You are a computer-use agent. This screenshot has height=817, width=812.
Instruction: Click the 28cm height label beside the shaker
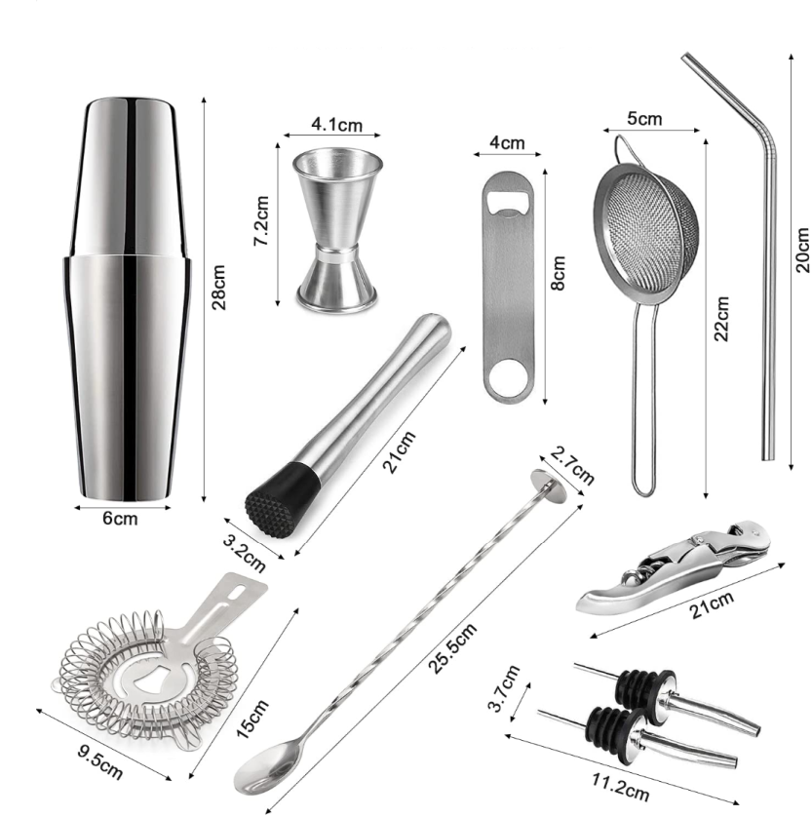coord(218,287)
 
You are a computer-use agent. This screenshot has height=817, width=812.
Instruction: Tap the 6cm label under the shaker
coord(120,519)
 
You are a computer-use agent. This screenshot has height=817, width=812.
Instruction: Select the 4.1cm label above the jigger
coord(336,125)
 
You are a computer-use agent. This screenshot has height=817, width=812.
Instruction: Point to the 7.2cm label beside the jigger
coord(261,221)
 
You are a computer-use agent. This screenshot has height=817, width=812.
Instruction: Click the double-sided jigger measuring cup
coord(337,230)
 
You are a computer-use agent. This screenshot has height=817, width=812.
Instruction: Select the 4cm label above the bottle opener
coord(507,142)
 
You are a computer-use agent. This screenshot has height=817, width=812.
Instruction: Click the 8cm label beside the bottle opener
coord(558,273)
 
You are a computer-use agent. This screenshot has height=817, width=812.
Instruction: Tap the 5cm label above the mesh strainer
coord(644,118)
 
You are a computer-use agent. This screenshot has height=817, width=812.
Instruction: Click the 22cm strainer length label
coord(720,319)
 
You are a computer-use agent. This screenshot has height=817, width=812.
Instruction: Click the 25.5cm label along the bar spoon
coord(452,648)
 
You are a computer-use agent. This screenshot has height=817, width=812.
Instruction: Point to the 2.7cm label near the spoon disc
coord(572,465)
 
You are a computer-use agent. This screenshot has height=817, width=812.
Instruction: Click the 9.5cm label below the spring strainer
coord(100,762)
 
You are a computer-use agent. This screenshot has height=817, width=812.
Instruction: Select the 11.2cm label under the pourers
coord(620,787)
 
